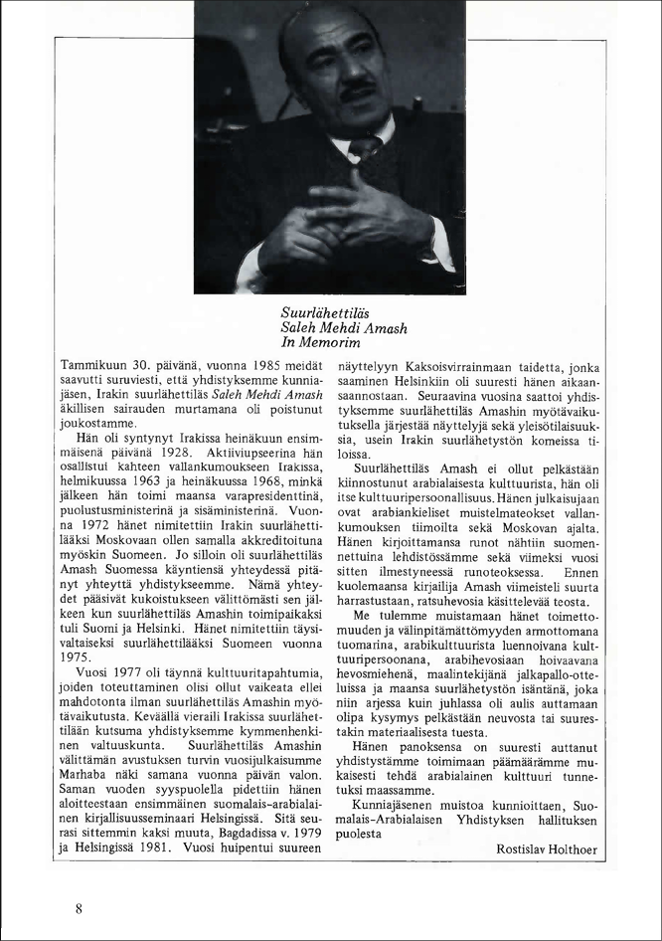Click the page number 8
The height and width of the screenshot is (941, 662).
pos(78,907)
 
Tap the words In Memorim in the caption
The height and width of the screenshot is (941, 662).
pos(320,343)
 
